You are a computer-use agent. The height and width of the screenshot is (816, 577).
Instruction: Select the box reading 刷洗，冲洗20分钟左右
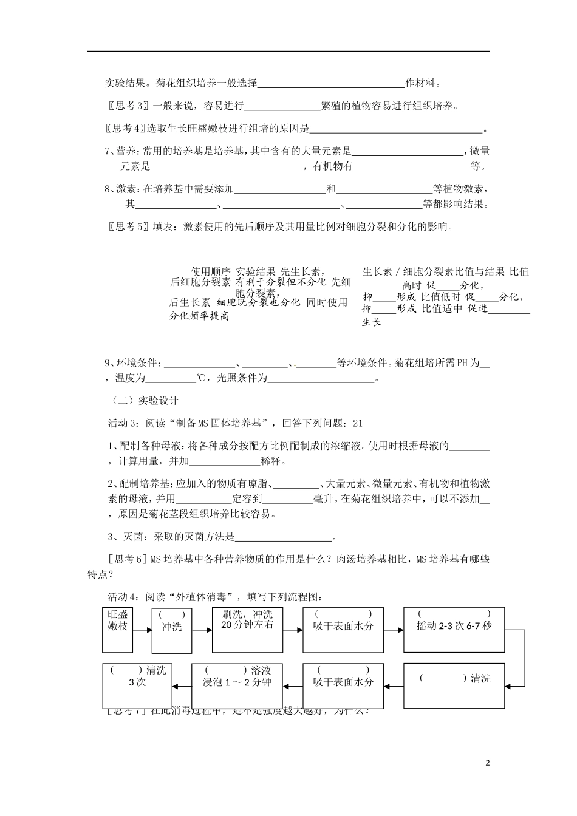(247, 628)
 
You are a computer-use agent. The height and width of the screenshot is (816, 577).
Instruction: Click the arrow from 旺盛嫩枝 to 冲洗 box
(142, 630)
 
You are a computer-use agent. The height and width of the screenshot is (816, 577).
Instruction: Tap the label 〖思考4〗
(126, 128)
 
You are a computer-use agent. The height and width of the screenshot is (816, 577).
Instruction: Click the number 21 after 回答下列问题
(357, 423)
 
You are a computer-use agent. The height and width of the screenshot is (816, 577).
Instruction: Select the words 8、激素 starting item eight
(121, 189)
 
